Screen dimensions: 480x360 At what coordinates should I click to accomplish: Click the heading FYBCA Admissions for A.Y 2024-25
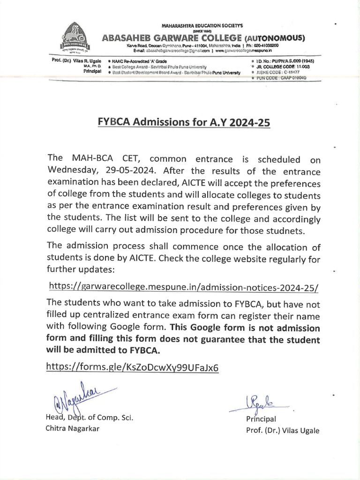(x=184, y=122)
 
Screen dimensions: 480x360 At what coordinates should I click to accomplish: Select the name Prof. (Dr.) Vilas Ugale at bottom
(x=283, y=430)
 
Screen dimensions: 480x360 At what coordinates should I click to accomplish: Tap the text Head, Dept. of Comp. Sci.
(x=89, y=418)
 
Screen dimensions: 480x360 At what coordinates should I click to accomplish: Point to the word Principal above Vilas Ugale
(x=261, y=419)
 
